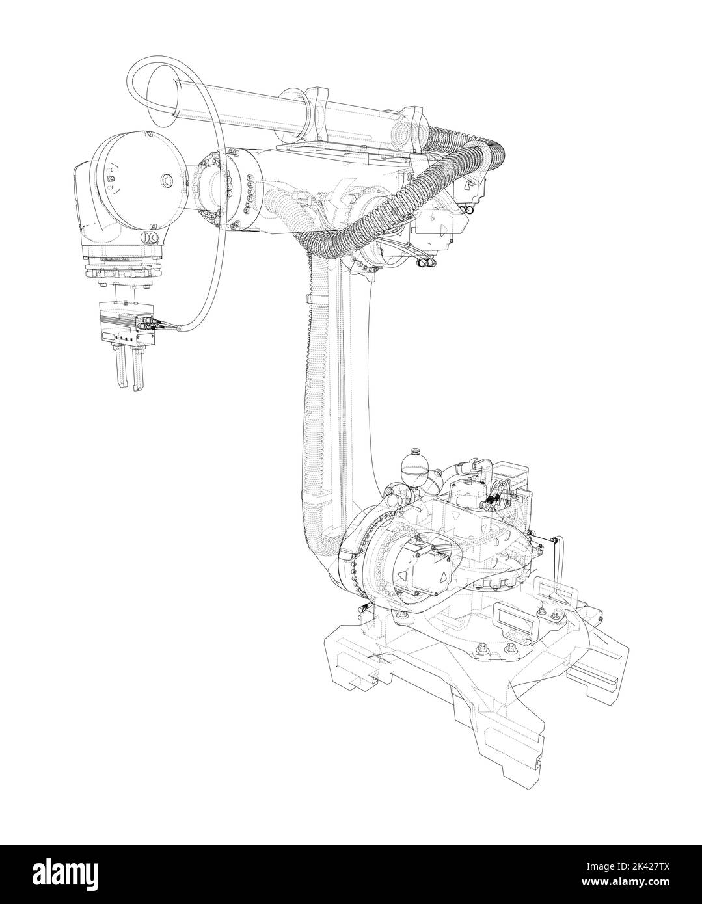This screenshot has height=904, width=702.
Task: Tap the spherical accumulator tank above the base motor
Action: tap(411, 462)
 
